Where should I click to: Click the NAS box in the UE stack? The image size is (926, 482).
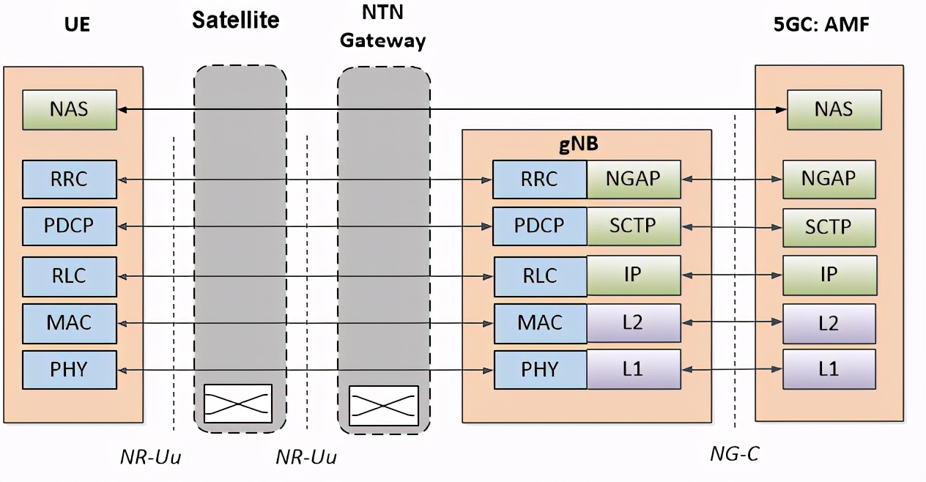point(70,110)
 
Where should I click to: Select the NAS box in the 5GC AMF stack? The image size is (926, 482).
point(834,110)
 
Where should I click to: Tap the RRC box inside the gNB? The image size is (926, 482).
point(540,179)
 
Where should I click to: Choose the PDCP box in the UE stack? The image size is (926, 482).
point(70,226)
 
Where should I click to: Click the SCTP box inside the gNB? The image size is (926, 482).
point(634,226)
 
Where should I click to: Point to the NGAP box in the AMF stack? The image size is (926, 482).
point(829,179)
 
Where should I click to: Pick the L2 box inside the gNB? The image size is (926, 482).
point(634,322)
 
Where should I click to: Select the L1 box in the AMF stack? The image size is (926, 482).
point(829,369)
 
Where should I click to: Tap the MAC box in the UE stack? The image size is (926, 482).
point(70,322)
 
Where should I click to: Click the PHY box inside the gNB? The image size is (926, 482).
point(540,369)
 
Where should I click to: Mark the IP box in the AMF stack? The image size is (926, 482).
point(829,275)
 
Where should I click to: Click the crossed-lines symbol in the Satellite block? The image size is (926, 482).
point(237,404)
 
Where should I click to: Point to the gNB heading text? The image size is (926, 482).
point(579,144)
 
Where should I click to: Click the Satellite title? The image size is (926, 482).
point(235,20)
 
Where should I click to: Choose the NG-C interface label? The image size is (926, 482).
point(734,454)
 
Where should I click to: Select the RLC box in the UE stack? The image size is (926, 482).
point(70,275)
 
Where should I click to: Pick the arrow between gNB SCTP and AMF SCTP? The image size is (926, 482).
point(732,227)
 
